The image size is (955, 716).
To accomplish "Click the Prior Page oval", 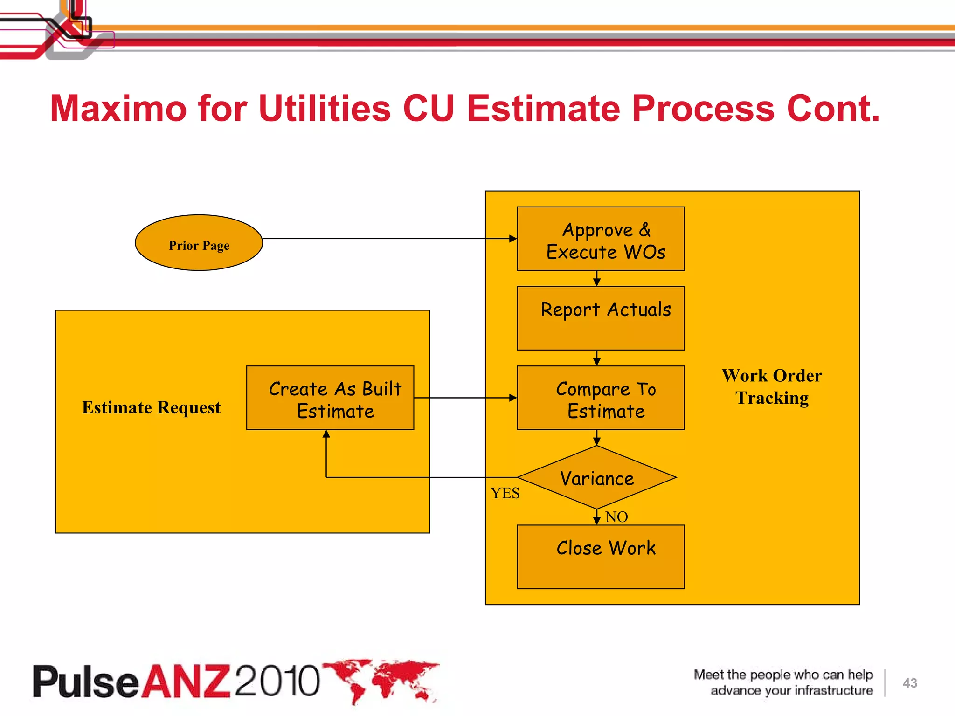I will tap(199, 243).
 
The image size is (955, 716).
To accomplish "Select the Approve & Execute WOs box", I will tap(601, 239).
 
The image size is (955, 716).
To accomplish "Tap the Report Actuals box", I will tap(601, 318).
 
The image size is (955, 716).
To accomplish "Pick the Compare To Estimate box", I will tap(601, 398).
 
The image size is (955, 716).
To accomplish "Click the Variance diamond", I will tap(597, 478).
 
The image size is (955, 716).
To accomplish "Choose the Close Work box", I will tap(601, 557).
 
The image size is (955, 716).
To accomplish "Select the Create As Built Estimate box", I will tap(330, 398).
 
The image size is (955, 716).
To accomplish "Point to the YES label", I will tap(505, 493).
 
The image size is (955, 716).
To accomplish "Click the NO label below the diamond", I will tap(616, 517).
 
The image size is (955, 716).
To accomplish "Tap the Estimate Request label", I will tap(151, 407).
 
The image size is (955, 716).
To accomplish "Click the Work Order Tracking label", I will tap(772, 386).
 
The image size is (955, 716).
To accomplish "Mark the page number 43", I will tap(910, 683).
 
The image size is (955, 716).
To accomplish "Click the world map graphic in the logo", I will tap(382, 680).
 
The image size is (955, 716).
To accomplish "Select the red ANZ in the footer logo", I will tap(186, 681).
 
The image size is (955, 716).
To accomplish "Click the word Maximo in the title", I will tap(118, 109).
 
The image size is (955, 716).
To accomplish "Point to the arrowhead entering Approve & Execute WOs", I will tap(513, 239).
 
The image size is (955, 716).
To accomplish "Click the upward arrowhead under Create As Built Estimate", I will tap(326, 434).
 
